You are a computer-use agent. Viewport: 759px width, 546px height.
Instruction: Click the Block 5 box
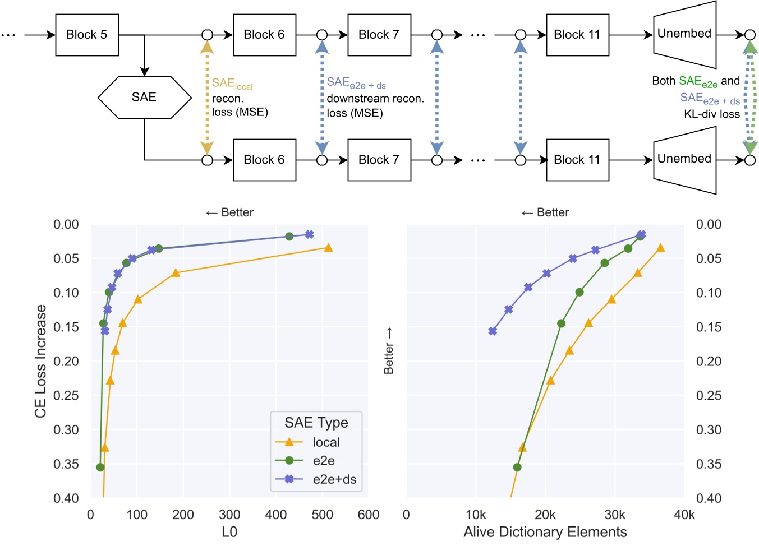tap(87, 35)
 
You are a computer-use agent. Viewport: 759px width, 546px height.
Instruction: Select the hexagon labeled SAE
tap(145, 97)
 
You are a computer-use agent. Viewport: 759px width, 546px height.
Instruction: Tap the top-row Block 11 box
tap(577, 35)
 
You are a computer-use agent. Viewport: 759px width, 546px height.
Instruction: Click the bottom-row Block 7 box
tap(379, 160)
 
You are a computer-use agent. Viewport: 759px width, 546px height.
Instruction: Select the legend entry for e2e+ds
tap(334, 479)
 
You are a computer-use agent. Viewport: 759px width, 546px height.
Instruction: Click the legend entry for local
tap(326, 442)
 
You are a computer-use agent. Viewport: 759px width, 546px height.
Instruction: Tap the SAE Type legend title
tap(316, 423)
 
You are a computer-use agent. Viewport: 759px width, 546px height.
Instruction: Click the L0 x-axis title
tap(229, 532)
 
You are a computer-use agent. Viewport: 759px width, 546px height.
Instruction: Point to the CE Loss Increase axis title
tap(40, 361)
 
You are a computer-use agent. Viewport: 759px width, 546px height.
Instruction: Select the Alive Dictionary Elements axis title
tap(545, 532)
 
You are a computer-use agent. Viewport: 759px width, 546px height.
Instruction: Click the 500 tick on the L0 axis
tap(322, 515)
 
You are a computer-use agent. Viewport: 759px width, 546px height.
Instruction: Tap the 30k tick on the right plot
tap(614, 515)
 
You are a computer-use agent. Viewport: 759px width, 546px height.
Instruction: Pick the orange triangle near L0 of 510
tap(328, 248)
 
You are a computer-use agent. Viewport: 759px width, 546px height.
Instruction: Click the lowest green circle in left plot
tap(100, 467)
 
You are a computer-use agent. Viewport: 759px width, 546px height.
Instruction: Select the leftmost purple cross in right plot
tap(493, 331)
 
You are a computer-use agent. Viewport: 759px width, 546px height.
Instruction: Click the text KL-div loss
tap(711, 114)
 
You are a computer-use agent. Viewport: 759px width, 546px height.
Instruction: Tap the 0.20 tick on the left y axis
tap(66, 361)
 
